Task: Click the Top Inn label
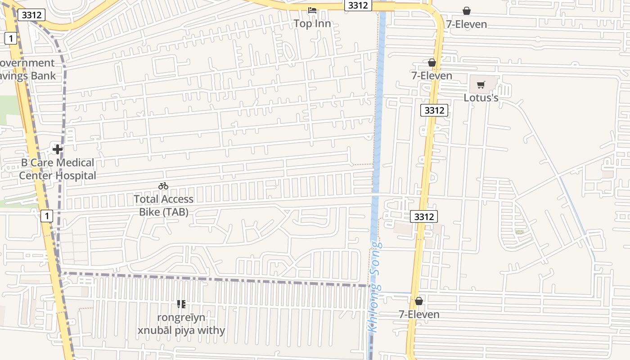point(312,24)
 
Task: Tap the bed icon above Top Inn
point(312,10)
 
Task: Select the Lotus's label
point(481,98)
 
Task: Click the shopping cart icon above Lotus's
point(481,85)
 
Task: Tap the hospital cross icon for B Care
point(58,149)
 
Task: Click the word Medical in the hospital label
point(72,162)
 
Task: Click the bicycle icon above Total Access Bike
point(163,186)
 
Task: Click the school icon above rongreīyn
point(181,305)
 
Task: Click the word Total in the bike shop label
point(146,199)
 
